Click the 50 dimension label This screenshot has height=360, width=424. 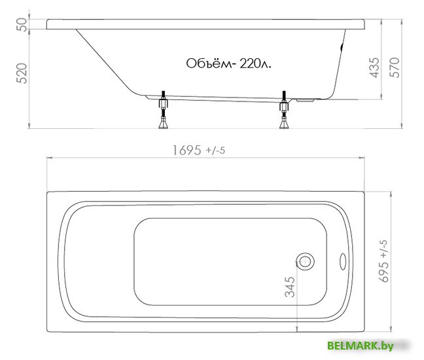[x=22, y=25]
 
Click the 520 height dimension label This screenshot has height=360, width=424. [x=22, y=73]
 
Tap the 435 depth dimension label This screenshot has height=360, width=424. [x=374, y=67]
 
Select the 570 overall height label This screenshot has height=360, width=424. [x=395, y=67]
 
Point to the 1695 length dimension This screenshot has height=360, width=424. [x=187, y=151]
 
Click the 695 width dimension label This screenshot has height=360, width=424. [x=384, y=272]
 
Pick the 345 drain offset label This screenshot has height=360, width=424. [x=290, y=287]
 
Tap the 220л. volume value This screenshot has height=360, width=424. [x=255, y=64]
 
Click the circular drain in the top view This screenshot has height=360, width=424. [x=306, y=261]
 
